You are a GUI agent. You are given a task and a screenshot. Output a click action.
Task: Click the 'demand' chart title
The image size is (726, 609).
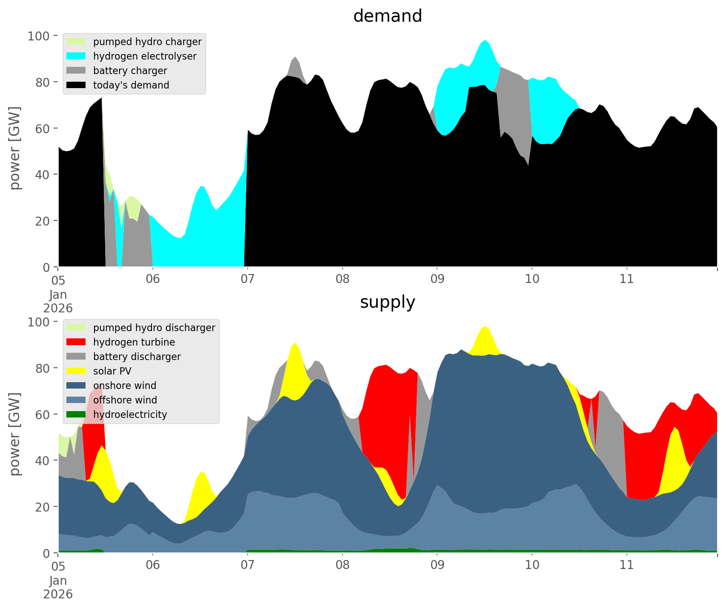click(387, 16)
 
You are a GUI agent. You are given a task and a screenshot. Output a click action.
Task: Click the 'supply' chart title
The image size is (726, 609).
click(387, 302)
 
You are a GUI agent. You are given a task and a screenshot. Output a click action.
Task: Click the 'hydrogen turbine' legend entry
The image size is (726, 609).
click(134, 342)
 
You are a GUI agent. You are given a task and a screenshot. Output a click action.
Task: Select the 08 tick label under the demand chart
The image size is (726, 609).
click(342, 279)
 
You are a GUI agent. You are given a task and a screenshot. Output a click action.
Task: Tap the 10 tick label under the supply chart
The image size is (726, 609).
click(532, 565)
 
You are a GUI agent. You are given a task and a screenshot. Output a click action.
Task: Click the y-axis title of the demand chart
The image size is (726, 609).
click(15, 148)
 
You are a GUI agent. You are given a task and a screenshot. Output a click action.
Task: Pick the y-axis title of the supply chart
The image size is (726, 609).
click(15, 434)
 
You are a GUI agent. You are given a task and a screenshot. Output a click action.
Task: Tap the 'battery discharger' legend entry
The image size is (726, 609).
click(137, 357)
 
